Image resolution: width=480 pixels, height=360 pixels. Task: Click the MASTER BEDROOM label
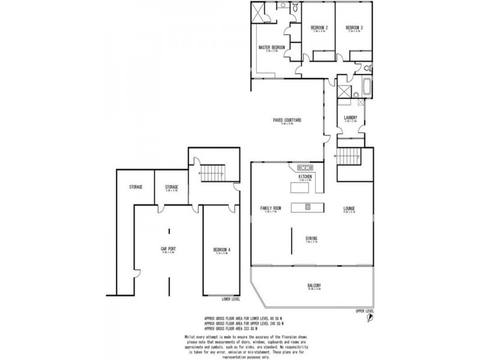tap(271, 47)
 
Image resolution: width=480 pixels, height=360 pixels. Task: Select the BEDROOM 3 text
tap(354, 28)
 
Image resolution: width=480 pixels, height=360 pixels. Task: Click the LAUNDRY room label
tap(351, 118)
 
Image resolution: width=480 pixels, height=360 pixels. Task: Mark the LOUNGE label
tap(349, 208)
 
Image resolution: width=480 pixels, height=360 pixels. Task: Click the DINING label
tap(311, 238)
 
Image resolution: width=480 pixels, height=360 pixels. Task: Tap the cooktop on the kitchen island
tap(307, 208)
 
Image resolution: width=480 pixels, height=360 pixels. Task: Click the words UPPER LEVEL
tap(364, 311)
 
